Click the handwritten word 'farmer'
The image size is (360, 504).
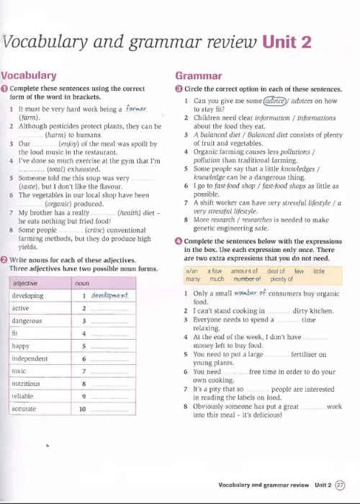click(x=136, y=109)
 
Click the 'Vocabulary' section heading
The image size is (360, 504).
click(x=30, y=75)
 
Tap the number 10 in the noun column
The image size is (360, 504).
click(x=83, y=409)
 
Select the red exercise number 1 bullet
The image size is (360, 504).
click(x=5, y=89)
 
